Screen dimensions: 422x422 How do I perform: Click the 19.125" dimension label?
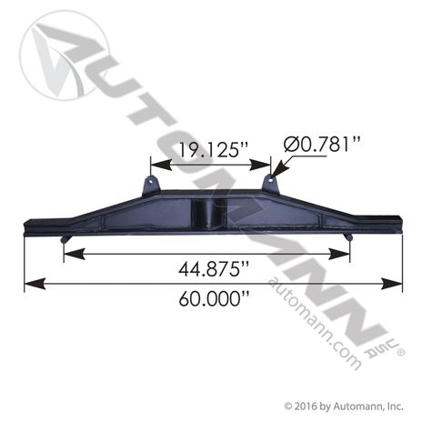214,150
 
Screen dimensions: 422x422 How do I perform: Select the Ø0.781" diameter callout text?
322,144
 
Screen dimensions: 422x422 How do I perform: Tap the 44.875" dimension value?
214,268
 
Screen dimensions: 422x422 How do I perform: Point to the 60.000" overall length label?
214,298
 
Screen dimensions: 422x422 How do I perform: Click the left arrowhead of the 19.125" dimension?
161,165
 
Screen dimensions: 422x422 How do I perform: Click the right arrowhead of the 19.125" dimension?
259,165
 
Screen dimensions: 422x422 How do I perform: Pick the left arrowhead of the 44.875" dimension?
75,254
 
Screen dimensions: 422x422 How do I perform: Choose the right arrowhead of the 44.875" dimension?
339,254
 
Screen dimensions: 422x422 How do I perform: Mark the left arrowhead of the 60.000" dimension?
35,284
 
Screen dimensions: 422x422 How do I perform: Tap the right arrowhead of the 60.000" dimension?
392,284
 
